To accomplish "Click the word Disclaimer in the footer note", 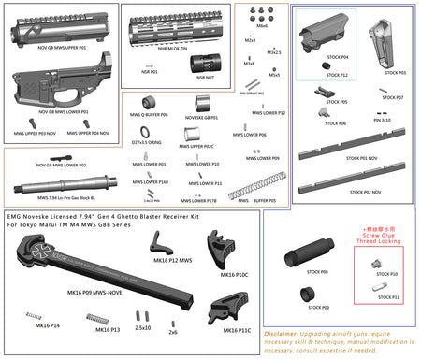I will pyautogui.click(x=281, y=332).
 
